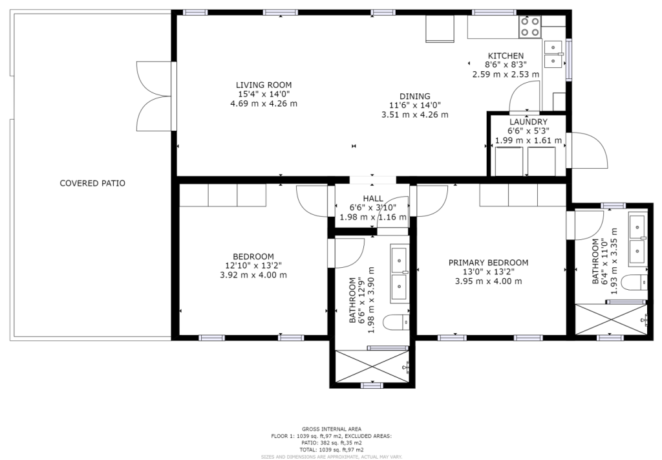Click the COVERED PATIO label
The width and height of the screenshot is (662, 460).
point(92,183)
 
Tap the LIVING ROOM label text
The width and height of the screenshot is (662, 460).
point(264,85)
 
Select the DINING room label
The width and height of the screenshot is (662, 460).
point(414,96)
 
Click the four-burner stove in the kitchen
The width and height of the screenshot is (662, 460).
point(530,26)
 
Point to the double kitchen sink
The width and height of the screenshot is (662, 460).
point(553,54)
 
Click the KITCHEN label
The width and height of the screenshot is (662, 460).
point(506,56)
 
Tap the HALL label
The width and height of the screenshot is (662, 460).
point(373,199)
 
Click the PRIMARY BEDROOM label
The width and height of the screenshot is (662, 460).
point(488,263)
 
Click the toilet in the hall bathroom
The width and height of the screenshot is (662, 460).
point(396,323)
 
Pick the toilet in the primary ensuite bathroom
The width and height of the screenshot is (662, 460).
point(636,282)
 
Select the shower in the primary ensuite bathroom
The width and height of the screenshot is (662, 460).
point(611,319)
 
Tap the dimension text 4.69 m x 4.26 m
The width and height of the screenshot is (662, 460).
point(264,104)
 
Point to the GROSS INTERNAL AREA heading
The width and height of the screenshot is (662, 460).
point(332,429)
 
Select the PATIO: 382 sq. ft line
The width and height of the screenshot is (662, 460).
point(332,443)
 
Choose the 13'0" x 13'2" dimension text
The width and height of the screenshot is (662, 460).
point(488,272)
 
